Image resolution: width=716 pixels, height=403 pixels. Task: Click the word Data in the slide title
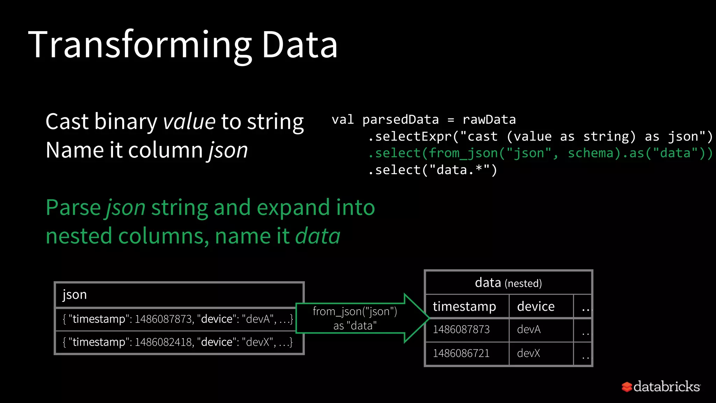(x=299, y=45)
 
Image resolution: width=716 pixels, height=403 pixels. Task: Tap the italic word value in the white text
(x=189, y=122)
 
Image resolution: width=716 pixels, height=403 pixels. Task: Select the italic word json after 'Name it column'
(x=228, y=150)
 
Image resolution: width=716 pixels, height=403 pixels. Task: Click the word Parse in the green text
(x=73, y=207)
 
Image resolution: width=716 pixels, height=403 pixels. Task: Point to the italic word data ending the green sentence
(x=317, y=236)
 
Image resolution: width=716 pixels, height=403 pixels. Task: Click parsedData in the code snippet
(x=400, y=120)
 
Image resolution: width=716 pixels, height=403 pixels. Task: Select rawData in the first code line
(x=489, y=120)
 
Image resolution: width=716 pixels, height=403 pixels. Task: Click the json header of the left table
(x=74, y=295)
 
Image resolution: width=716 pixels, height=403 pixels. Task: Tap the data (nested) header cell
(x=508, y=283)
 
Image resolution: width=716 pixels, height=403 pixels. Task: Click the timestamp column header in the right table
(x=464, y=306)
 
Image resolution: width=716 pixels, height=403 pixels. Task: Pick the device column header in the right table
(x=536, y=306)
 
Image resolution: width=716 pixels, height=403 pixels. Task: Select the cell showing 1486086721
(x=461, y=353)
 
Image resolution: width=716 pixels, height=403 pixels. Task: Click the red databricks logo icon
(x=626, y=387)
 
